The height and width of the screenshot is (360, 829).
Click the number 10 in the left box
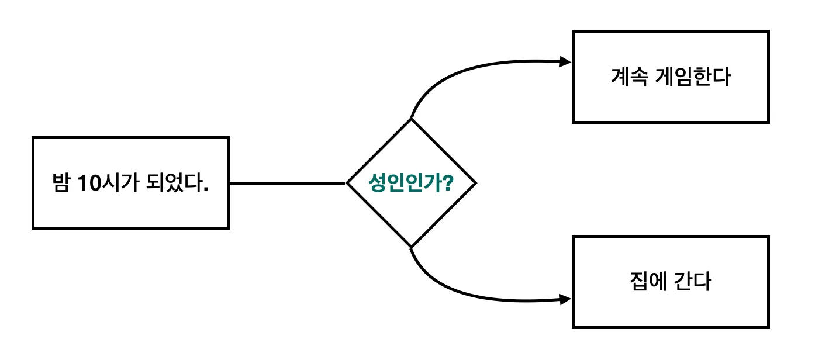coord(89,183)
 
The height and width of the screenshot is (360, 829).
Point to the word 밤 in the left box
coord(61,182)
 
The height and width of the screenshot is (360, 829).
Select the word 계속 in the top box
coord(629,77)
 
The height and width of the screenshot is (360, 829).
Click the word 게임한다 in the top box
coord(693,77)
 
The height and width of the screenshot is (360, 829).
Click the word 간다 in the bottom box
coord(692,281)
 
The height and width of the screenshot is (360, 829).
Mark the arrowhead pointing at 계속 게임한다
coord(565,62)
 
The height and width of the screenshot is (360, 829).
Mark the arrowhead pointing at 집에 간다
coord(565,299)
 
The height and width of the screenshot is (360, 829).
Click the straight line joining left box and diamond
coord(288,183)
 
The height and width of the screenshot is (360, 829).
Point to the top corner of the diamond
coord(411,119)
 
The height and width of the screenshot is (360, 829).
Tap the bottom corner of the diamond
coord(411,248)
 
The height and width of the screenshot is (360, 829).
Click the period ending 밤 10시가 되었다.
coord(206,190)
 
